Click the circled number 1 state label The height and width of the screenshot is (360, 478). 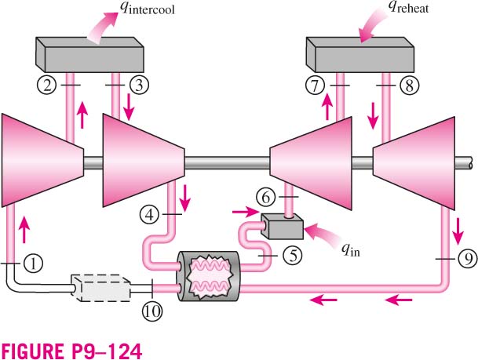tap(33, 264)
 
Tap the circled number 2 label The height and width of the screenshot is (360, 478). tap(47, 85)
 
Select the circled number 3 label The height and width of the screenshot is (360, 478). tap(139, 85)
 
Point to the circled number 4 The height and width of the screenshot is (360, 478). tap(149, 215)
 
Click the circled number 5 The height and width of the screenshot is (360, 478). tap(293, 255)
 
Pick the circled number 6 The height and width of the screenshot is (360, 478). tap(266, 198)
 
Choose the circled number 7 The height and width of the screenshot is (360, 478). tap(315, 85)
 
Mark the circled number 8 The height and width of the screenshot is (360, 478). tap(410, 85)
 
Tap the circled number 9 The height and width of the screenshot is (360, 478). tap(469, 259)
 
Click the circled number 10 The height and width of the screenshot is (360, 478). tap(152, 311)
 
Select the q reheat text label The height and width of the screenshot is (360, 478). tap(408, 7)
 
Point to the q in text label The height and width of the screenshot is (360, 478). tap(351, 250)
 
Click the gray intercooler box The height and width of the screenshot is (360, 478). tap(89, 55)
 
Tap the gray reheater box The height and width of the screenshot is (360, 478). tap(360, 55)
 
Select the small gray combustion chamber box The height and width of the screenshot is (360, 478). tap(282, 227)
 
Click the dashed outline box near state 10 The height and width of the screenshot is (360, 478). tap(100, 288)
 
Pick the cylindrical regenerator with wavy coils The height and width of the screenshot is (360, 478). tap(209, 276)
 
